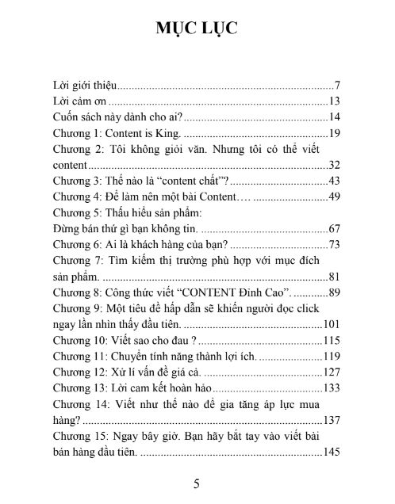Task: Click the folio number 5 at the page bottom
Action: [197, 483]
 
